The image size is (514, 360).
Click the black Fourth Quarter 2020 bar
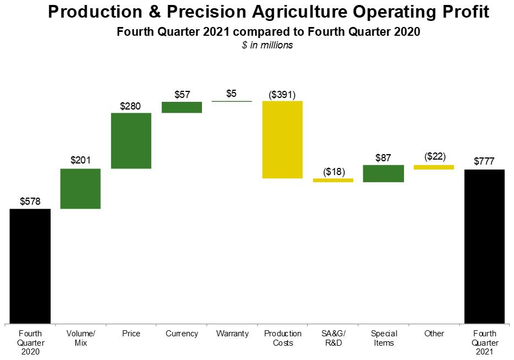30,266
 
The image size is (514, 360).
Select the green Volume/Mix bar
80,188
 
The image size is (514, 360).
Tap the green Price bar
131,141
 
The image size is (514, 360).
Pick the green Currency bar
182,107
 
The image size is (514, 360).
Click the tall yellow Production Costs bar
282,140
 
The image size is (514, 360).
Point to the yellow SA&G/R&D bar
333,180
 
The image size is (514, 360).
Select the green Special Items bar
384,173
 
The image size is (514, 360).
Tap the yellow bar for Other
434,167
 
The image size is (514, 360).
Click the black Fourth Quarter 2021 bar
484,247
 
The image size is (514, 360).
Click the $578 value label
30,201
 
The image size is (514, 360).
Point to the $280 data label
130,106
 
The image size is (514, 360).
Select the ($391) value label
282,95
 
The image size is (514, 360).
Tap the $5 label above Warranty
232,94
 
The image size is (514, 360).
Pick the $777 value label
484,161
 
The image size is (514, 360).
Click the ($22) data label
435,156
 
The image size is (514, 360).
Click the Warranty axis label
232,334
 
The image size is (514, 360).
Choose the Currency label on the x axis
182,334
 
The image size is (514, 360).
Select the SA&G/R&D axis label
333,338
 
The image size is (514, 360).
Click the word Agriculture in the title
299,12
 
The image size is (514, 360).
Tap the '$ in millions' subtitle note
267,45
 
